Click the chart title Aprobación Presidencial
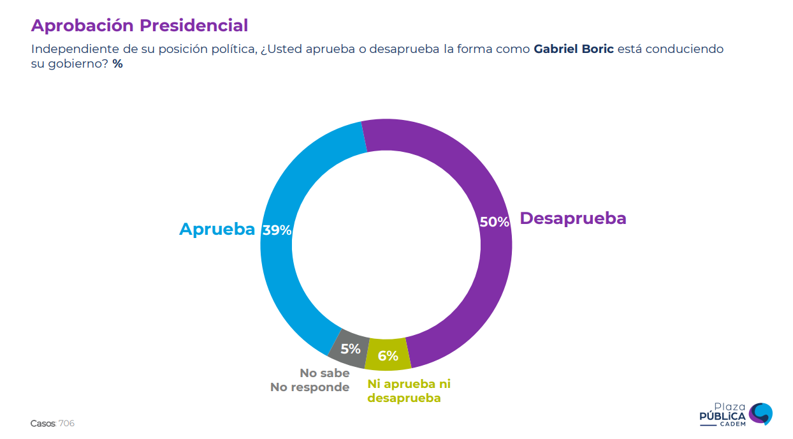(x=139, y=26)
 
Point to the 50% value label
(x=494, y=222)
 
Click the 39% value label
(x=277, y=230)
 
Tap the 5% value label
(x=350, y=350)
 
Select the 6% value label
(x=388, y=356)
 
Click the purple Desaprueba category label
(x=572, y=218)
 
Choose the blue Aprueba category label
(x=217, y=229)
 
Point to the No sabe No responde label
(x=310, y=380)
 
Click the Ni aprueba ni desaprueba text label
(x=409, y=391)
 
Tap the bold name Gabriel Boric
(x=574, y=49)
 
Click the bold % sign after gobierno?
(x=117, y=64)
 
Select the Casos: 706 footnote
(x=52, y=424)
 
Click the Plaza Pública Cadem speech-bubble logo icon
(x=760, y=413)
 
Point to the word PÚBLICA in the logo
(x=722, y=417)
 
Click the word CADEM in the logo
(x=722, y=425)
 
